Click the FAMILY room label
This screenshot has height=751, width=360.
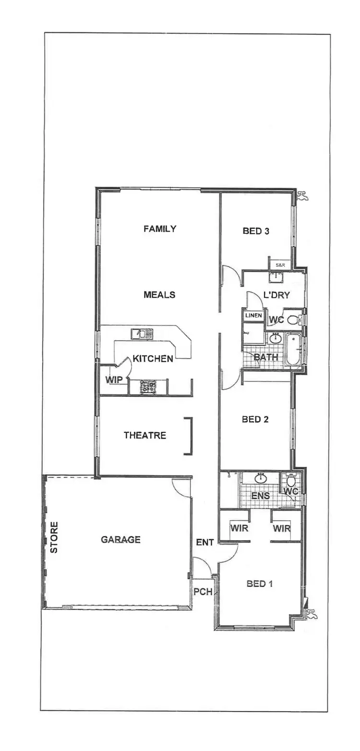pos(160,229)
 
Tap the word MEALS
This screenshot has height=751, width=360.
pos(159,295)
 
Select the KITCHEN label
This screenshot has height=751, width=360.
pos(153,358)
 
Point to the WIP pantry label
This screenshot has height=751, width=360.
pos(114,380)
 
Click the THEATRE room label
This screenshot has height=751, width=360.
pos(145,435)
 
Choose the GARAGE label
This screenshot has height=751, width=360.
pos(120,539)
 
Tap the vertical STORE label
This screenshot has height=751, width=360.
pos(54,537)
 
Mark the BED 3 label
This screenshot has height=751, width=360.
pos(256,231)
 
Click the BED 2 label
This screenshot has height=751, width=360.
pos(255,419)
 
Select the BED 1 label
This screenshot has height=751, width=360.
pos(260,584)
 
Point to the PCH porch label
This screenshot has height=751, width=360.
pos(203,592)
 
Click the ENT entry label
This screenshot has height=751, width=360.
pos(205,542)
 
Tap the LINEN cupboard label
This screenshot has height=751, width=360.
pos(253,316)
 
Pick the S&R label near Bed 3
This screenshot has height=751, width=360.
pos(279,264)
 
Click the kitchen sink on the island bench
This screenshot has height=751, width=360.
pos(142,333)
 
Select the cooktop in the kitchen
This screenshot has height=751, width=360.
pos(148,386)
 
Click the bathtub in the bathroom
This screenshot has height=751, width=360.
pos(293,351)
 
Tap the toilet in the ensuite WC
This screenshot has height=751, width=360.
pos(291,481)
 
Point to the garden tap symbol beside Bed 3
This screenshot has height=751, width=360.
pos(302,195)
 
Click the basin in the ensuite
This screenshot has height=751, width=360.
pos(261,478)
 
